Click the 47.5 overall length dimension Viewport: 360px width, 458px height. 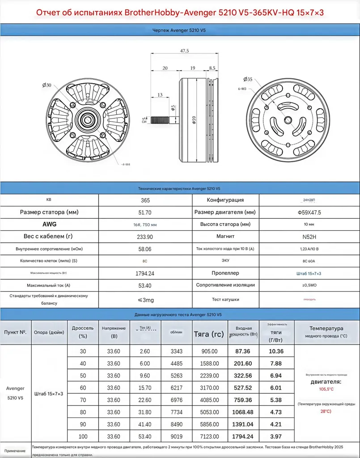pos(184,51)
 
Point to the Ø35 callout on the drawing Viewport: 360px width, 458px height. pos(248,79)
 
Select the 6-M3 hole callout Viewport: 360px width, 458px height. pos(241,89)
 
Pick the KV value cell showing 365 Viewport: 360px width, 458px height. pos(145,200)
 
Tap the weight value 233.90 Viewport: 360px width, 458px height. pos(145,237)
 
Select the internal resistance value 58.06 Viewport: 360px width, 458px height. pos(145,249)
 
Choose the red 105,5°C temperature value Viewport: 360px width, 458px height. pos(326,389)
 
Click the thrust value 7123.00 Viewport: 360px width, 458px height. pos(210,436)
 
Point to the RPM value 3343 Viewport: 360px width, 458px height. pos(177,352)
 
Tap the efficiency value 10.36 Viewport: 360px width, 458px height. pos(276,352)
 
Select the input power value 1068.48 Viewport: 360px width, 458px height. pos(244,412)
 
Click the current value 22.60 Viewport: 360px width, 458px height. pos(145,400)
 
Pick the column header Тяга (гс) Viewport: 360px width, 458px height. pos(209,333)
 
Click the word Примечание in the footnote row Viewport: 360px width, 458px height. pos(15,451)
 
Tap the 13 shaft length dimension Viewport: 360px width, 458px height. pos(160,95)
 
